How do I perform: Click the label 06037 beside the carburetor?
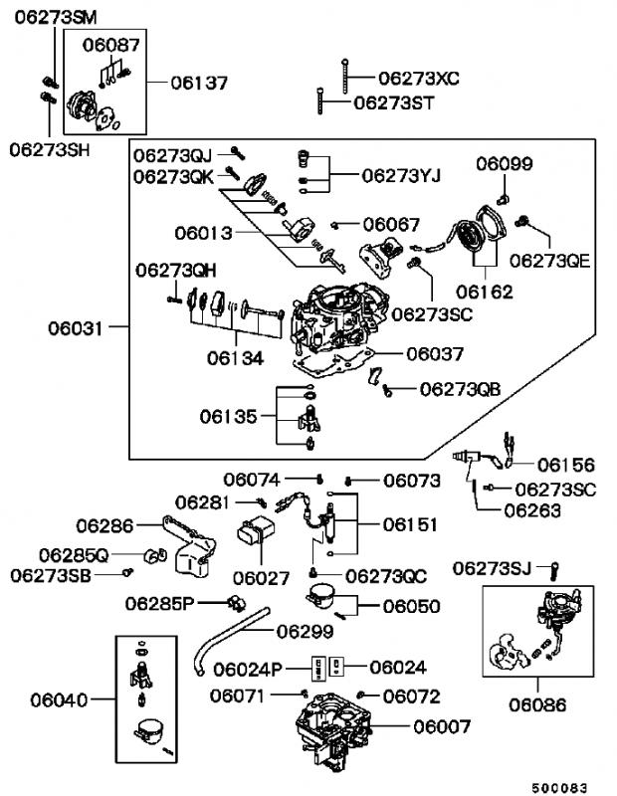tap(435, 352)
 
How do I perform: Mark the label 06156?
tap(566, 464)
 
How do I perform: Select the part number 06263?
tap(532, 509)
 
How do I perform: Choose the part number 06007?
tap(442, 727)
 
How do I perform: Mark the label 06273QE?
tap(550, 261)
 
